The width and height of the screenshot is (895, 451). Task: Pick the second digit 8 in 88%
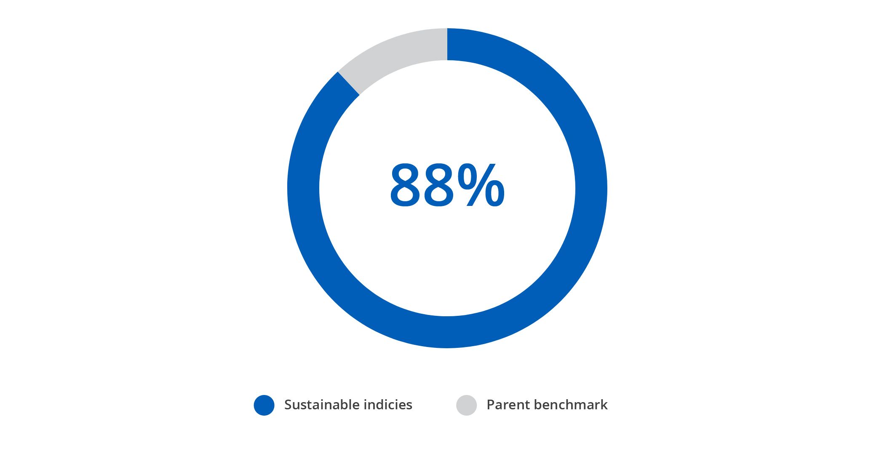tap(440, 186)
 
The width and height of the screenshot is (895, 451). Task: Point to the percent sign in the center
tap(481, 186)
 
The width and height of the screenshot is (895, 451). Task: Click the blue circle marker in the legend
tap(264, 405)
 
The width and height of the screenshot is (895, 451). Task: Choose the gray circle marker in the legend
tap(467, 405)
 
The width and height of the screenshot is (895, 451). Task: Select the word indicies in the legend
tap(388, 405)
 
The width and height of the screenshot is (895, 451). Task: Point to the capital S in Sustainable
tap(289, 405)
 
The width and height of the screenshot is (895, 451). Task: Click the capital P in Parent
tap(492, 405)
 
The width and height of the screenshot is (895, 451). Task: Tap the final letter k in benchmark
tap(604, 405)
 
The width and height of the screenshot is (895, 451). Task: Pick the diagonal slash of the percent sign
tap(481, 186)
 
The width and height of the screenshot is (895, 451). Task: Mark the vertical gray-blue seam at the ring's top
tap(447, 44)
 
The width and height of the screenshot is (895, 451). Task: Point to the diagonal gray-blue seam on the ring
tap(349, 83)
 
